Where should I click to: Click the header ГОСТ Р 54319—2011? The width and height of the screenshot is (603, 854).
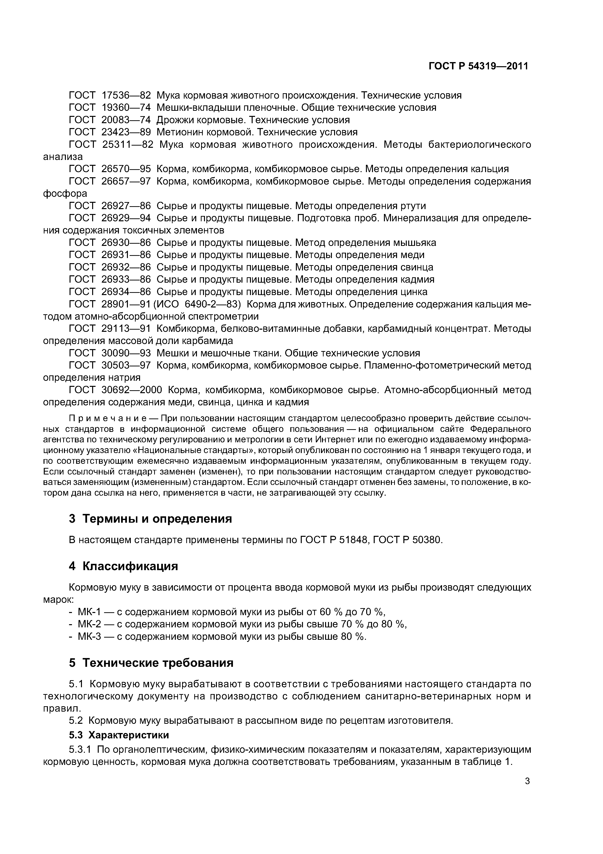tap(478, 66)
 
